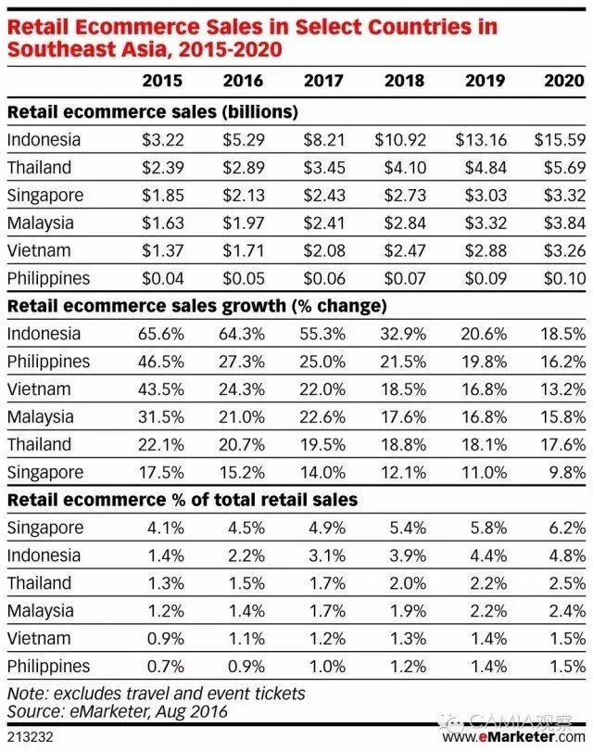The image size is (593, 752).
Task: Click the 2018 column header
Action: point(405,80)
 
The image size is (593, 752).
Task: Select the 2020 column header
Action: point(565,80)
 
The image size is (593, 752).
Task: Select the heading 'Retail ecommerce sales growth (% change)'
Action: point(196,306)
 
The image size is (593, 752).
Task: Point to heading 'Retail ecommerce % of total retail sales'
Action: point(183,501)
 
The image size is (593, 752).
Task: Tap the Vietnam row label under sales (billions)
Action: point(38,250)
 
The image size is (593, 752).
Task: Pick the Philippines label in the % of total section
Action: point(48,666)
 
